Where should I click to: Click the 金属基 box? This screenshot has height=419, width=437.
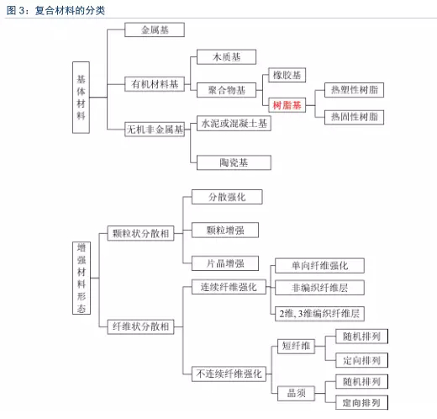point(155,29)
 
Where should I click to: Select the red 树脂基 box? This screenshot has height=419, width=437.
point(287,105)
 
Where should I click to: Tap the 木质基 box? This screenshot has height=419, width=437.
point(226,57)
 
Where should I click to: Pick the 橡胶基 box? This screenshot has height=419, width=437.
point(287,75)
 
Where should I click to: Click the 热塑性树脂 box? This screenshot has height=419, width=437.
point(354,90)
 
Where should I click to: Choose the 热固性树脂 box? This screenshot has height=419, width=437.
point(354,117)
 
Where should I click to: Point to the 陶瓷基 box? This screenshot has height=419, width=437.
point(234,162)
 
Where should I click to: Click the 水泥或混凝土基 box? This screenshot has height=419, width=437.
point(234,123)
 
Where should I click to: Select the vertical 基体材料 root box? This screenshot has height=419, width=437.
point(81,98)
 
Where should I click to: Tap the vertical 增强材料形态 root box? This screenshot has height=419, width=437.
point(82,278)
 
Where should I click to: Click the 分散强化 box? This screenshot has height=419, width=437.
point(227,197)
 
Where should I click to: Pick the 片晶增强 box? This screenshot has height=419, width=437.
point(225,263)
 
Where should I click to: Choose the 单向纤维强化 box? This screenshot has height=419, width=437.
point(319,266)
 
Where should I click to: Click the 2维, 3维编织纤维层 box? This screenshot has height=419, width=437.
point(319,314)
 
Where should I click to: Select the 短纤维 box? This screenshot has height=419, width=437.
point(296,346)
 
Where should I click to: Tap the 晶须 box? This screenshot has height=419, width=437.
point(296,393)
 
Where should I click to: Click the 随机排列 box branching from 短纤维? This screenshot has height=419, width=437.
point(361,337)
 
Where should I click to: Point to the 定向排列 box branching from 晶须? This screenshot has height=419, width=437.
point(361,402)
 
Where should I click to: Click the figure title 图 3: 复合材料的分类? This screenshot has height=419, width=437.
point(55,10)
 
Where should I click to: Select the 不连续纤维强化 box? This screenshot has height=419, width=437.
point(229,374)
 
